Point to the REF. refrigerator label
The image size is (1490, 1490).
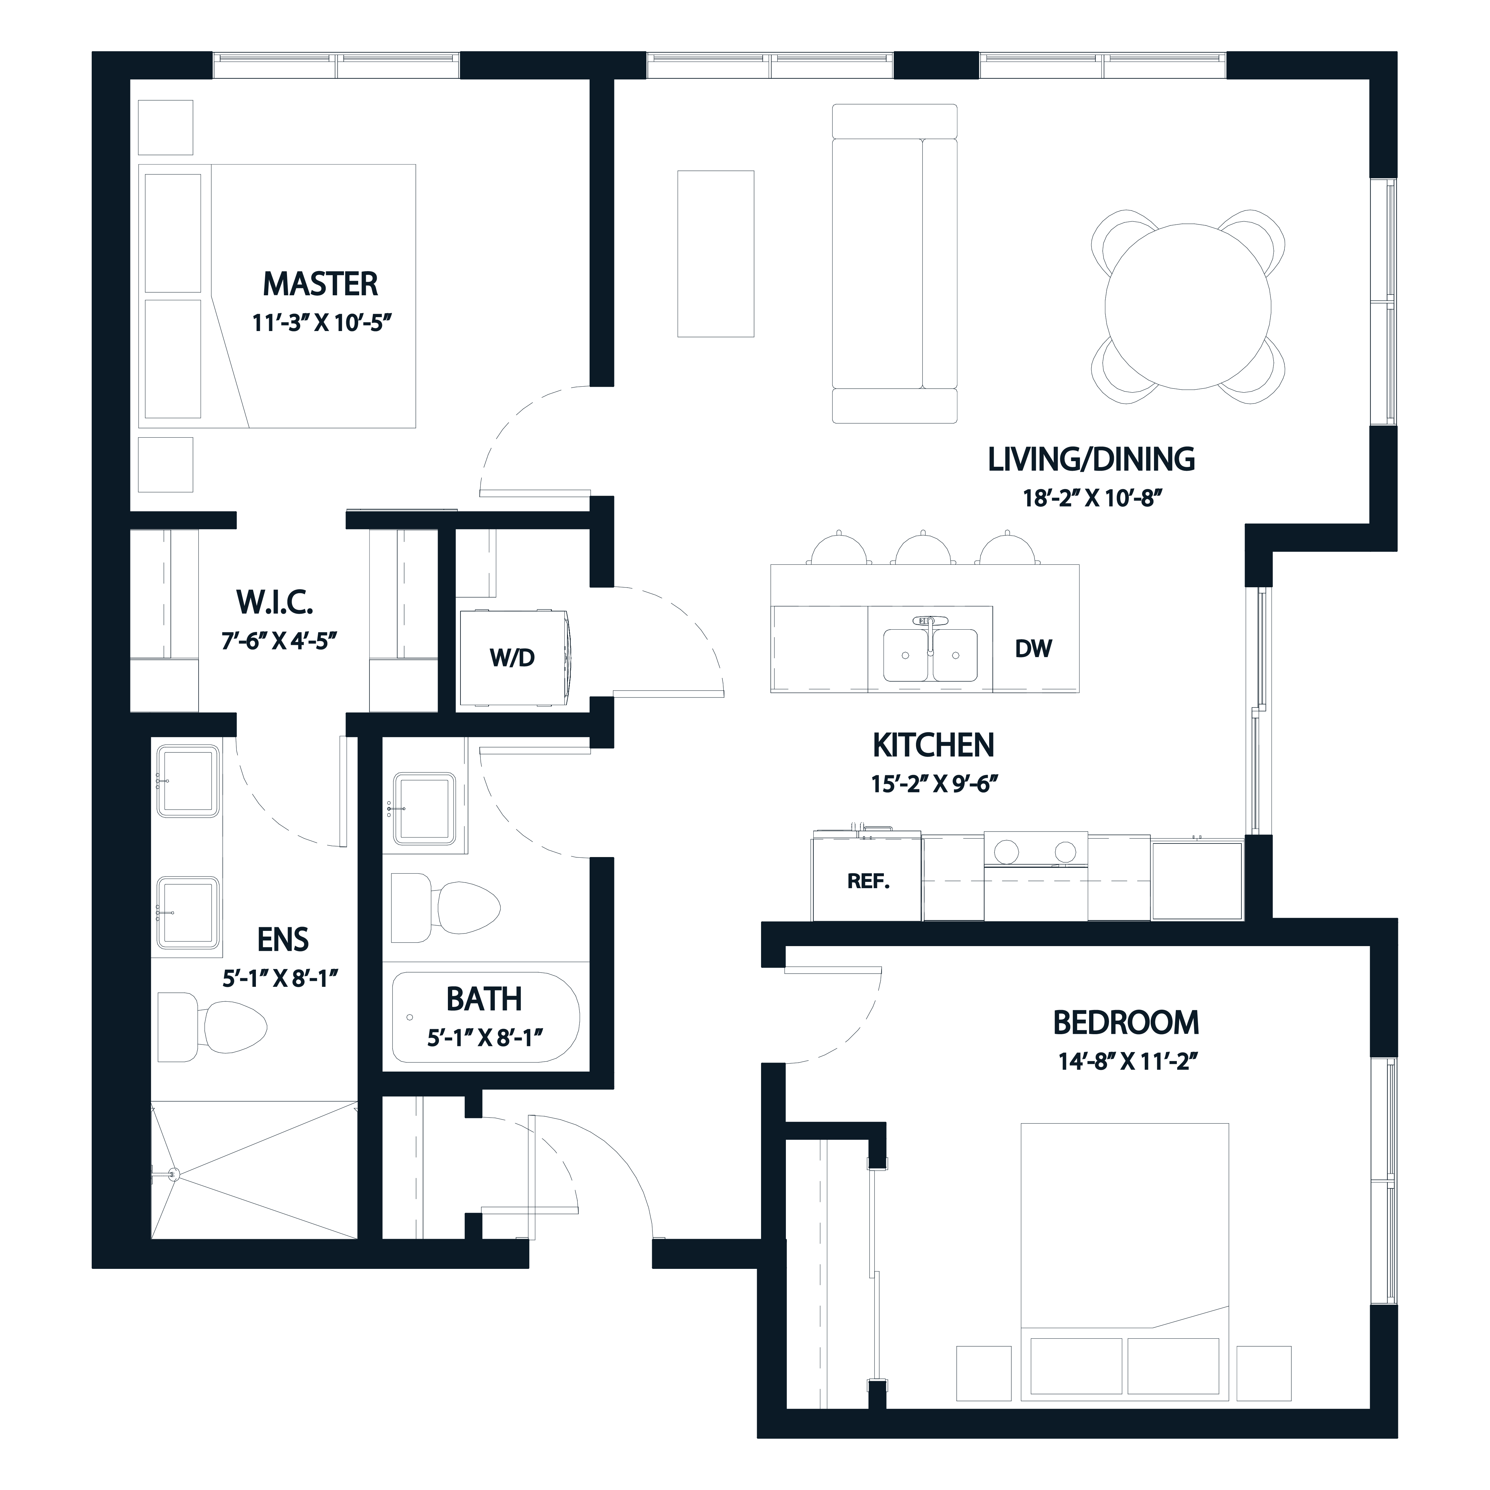point(868,881)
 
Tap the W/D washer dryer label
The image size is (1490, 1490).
point(512,658)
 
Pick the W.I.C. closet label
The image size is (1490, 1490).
point(274,601)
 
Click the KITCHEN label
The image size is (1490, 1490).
point(933,745)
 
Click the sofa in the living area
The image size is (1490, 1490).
point(894,264)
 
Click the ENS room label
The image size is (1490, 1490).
point(283,939)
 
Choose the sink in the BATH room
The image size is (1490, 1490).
point(423,808)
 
